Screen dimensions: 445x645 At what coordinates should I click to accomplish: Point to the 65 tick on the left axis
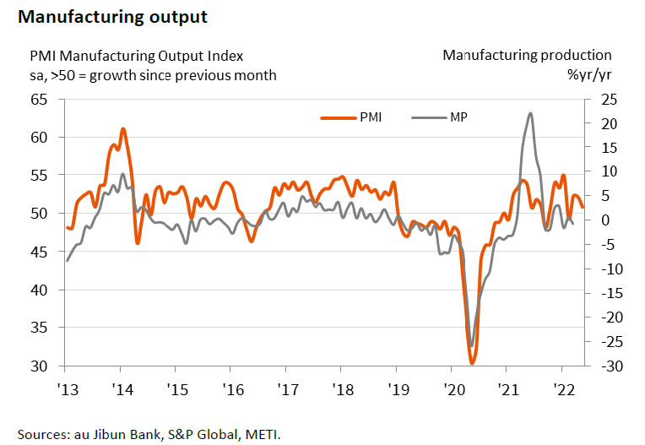39,100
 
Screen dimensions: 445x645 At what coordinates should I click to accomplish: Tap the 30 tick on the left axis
39,366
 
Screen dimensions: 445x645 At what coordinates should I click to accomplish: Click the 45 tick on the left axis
39,252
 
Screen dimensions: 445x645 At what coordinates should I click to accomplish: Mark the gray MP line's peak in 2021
529,113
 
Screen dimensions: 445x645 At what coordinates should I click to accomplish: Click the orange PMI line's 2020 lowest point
472,363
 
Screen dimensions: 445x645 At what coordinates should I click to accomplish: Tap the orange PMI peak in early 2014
122,129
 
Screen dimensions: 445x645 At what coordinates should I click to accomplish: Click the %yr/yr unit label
589,74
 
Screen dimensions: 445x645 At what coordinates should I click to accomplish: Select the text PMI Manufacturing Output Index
136,56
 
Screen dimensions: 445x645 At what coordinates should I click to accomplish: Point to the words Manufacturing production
527,56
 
